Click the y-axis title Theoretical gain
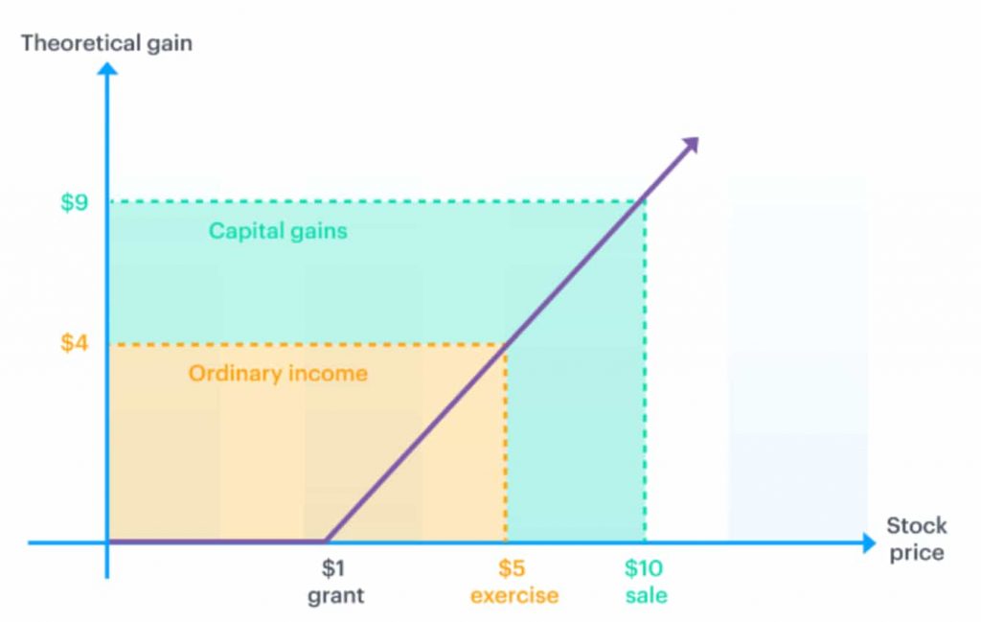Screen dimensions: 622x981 point(105,43)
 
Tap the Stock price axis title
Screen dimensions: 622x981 point(916,539)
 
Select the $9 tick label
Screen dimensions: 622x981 point(75,202)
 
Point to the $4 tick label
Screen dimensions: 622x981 point(75,342)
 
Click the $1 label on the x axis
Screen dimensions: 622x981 point(332,568)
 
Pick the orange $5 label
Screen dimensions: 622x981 point(512,568)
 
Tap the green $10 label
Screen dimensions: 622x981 point(644,568)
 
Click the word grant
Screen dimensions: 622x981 point(335,595)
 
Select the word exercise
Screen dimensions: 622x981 point(513,595)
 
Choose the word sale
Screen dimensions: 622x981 point(647,595)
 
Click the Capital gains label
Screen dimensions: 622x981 point(278,231)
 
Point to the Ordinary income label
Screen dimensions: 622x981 point(278,373)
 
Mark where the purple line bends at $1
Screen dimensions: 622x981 point(327,541)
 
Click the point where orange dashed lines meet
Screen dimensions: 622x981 point(506,344)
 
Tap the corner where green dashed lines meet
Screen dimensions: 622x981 point(645,201)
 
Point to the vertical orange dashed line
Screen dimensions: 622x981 point(506,441)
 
